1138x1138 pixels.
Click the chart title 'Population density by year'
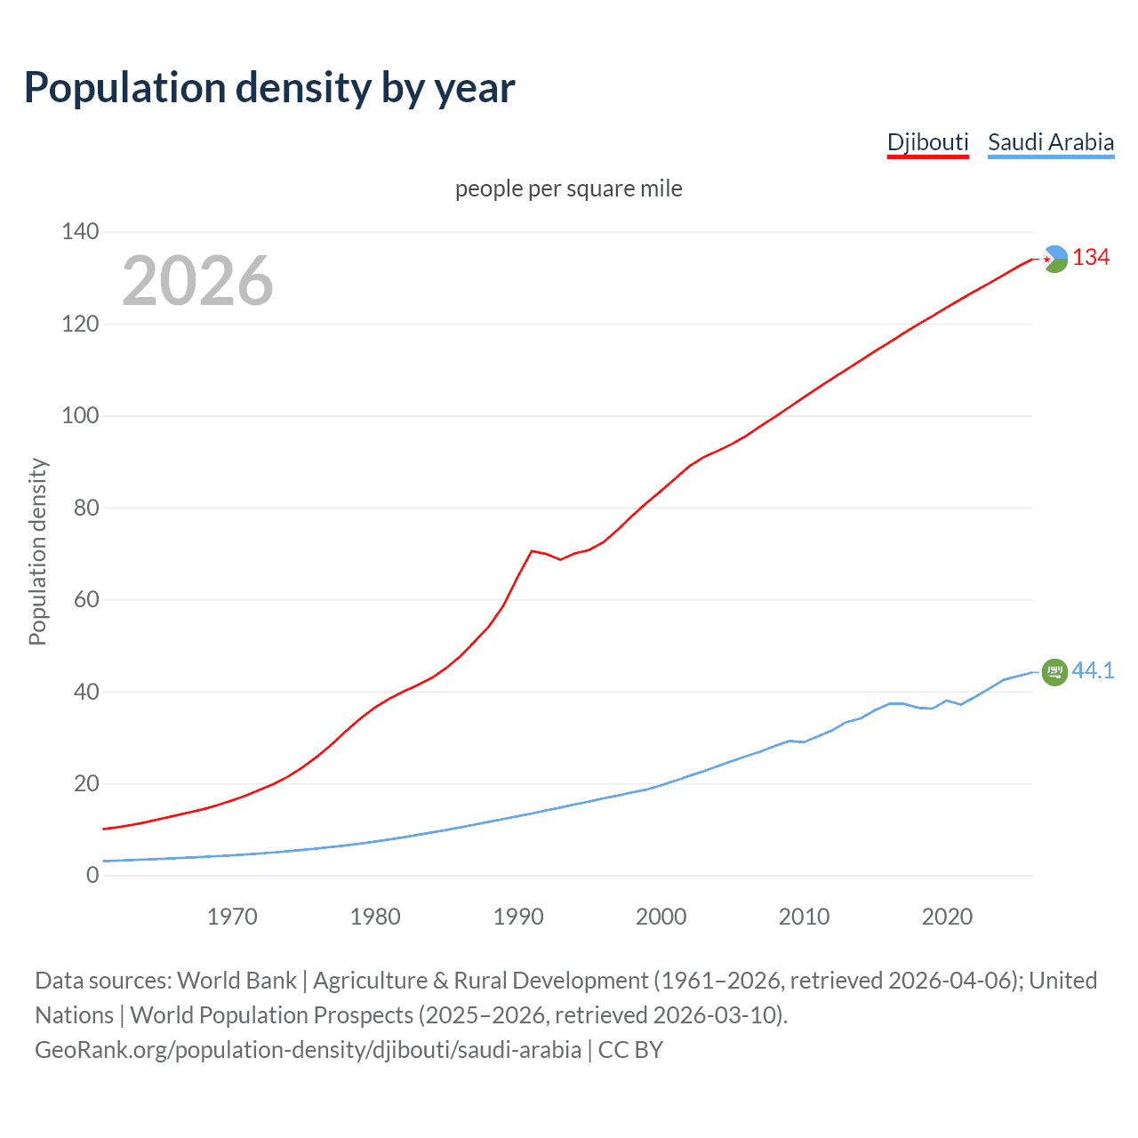269,88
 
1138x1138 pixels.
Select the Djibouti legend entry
927,142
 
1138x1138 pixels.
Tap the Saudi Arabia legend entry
1050,142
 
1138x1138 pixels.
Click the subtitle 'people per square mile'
568,188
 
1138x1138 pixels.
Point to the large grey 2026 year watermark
197,281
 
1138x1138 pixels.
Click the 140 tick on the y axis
80,232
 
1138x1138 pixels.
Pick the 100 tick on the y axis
80,416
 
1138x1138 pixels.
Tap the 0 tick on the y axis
92,876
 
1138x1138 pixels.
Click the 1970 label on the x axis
232,917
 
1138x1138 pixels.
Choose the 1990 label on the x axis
518,917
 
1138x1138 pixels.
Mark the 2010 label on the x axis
804,917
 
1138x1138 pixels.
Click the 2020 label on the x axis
947,917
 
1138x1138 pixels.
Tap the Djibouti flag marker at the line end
1054,259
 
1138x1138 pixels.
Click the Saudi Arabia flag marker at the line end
1054,672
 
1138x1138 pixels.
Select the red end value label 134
1091,258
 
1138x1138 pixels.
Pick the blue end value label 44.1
1093,671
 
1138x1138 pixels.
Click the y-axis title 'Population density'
37,551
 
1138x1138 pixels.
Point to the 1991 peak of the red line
532,551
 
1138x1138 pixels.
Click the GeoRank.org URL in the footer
308,1050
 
